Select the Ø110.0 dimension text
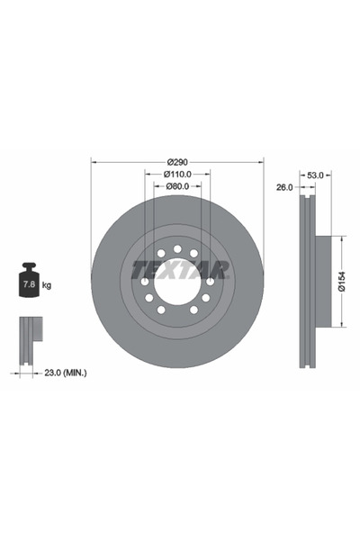coord(177,174)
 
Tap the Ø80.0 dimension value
coord(177,186)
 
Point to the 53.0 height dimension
coord(315,175)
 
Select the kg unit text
coord(48,285)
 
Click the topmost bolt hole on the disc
coord(177,248)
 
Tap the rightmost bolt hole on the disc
coord(209,281)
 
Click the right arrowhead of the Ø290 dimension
coord(261,163)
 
